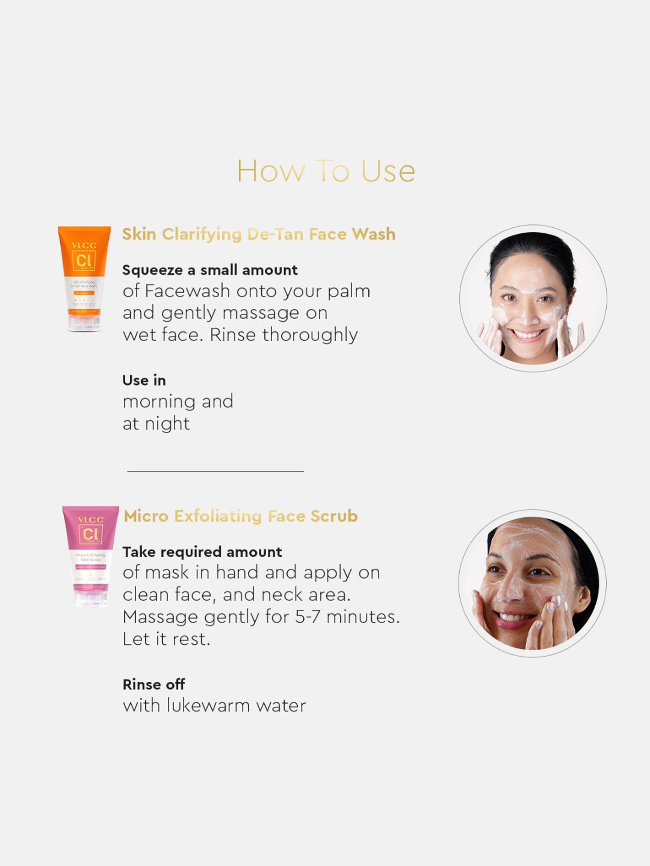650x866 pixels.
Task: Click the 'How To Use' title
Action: click(326, 171)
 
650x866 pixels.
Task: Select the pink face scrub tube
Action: click(91, 556)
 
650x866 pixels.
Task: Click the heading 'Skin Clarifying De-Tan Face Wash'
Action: click(258, 234)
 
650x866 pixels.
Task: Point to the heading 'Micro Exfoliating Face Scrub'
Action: click(240, 516)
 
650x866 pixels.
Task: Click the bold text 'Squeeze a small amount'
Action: click(210, 270)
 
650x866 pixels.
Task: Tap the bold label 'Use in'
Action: click(144, 380)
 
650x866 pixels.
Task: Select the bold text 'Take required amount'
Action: click(202, 552)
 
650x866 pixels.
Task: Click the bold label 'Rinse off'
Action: click(154, 684)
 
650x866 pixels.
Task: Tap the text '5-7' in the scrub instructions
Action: click(308, 617)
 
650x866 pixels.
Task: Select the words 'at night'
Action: click(156, 423)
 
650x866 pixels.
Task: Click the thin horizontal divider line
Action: click(215, 471)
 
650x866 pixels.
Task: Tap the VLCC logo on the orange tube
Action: click(84, 245)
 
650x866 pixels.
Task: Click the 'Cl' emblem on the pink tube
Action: click(91, 534)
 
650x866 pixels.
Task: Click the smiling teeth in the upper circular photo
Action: click(527, 334)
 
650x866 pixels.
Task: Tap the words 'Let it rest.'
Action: click(166, 639)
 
